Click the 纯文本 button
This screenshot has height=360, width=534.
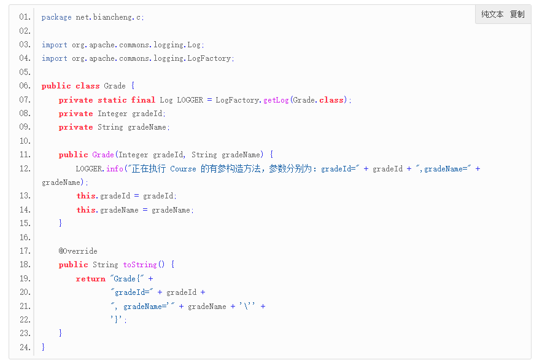492,14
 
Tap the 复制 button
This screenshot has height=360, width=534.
517,14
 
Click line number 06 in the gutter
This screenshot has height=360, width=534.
25,86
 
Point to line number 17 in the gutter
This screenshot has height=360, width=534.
25,251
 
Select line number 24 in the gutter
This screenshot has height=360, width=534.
25,347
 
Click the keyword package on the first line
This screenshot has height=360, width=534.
56,17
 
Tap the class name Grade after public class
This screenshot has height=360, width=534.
115,86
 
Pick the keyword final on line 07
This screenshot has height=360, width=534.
143,100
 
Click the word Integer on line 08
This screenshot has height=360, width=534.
112,114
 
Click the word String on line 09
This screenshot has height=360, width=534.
110,127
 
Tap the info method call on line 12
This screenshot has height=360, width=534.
115,168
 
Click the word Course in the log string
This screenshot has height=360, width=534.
183,168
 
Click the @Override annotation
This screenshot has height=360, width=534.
78,251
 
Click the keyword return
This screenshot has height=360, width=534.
91,278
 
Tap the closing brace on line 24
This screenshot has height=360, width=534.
43,347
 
